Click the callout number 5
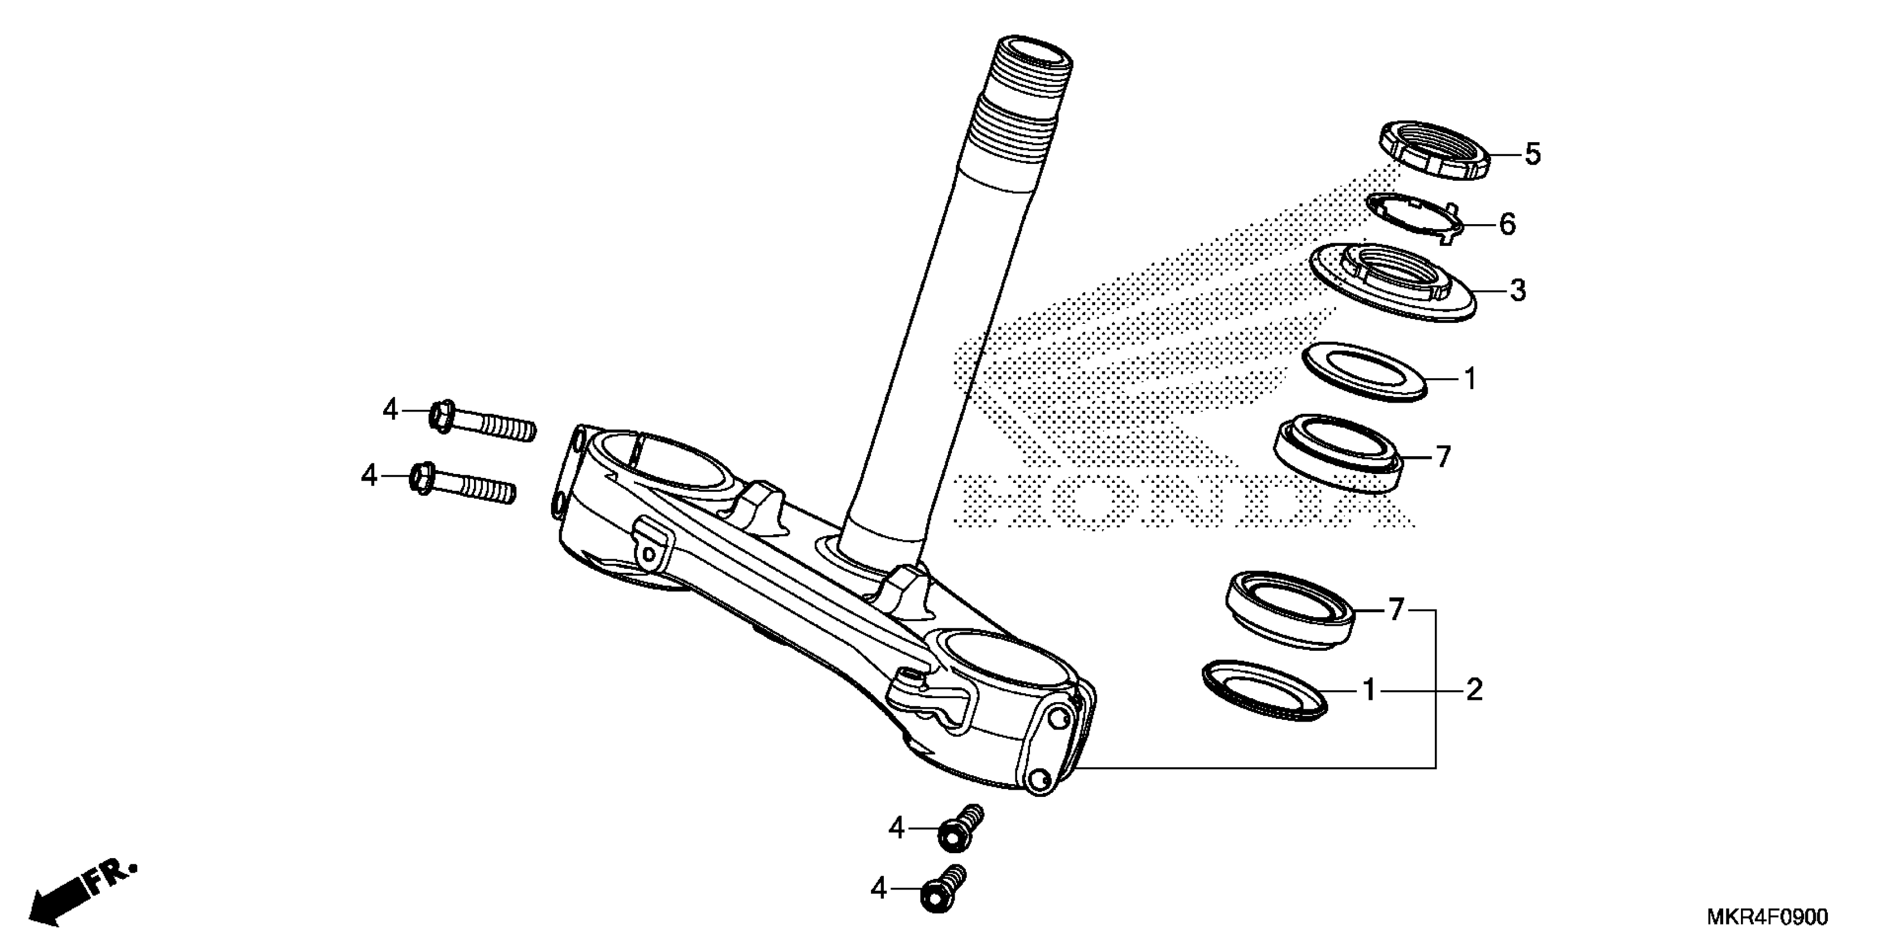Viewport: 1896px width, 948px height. coord(1532,154)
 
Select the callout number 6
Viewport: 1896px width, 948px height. coord(1507,224)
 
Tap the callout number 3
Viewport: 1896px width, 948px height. coord(1518,291)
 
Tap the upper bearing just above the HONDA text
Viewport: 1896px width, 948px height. coord(1337,453)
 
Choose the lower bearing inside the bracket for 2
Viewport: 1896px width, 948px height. coord(1290,610)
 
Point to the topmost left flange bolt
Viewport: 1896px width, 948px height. coord(482,421)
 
